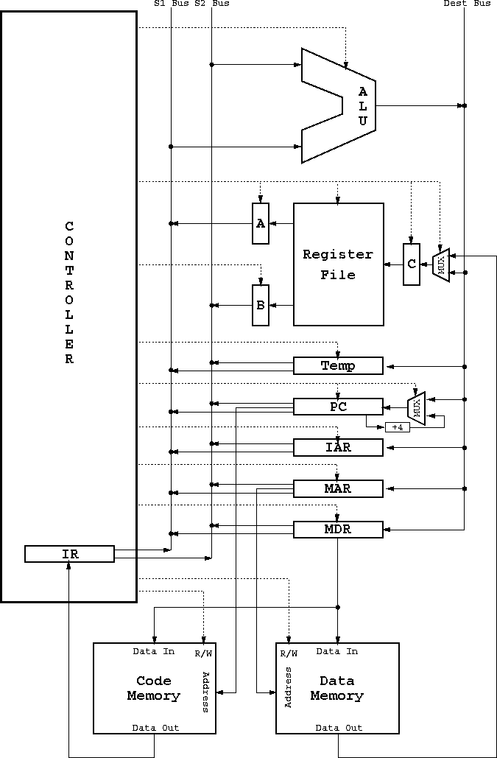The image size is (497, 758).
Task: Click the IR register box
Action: click(69, 554)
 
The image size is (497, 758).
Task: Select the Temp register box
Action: click(338, 365)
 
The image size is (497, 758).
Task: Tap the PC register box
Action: click(338, 407)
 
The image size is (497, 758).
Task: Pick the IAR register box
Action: click(338, 448)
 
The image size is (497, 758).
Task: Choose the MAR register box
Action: click(338, 488)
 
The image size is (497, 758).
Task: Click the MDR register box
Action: click(338, 530)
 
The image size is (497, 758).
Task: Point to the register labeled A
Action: click(261, 223)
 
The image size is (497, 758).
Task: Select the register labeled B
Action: click(261, 305)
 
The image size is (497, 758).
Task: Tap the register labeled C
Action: click(412, 264)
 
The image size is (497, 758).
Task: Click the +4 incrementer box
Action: click(398, 427)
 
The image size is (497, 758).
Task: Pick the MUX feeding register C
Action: click(441, 264)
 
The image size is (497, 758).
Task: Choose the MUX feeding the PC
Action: click(416, 408)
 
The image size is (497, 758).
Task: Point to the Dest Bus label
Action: click(467, 4)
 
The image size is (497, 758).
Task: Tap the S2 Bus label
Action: click(212, 4)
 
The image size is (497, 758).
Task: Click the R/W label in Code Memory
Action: click(203, 654)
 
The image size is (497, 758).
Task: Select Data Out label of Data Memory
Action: click(339, 728)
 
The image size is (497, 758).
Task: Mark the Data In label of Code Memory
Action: click(154, 652)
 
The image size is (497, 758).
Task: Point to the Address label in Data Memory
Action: click(289, 687)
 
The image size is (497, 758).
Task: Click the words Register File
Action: click(338, 265)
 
